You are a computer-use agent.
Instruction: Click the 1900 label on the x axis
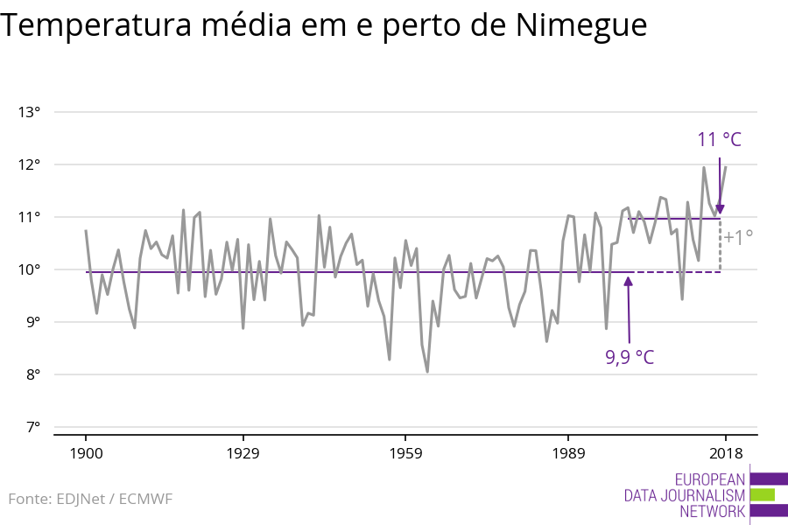[86, 453]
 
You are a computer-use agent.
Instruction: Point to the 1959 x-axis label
[405, 453]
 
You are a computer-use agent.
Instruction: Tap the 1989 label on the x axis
[568, 453]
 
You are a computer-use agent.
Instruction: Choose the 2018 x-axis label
[725, 453]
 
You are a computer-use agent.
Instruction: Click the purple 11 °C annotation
[719, 140]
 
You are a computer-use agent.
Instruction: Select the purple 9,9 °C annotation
[630, 357]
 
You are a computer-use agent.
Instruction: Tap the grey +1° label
[738, 237]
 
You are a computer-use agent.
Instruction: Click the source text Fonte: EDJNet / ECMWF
[90, 500]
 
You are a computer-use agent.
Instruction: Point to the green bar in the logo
[763, 495]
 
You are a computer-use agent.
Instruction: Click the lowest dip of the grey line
[427, 372]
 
